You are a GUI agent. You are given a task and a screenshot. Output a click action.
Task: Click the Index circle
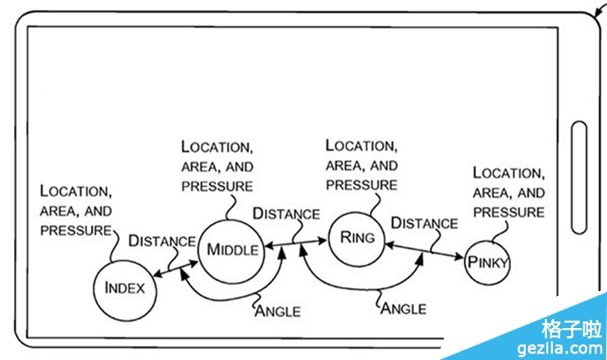coord(125,288)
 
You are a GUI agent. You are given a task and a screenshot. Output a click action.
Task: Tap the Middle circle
coord(233,249)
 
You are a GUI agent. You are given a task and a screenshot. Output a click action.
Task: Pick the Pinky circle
coord(488,263)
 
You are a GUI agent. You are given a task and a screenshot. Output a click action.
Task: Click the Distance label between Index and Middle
coord(162,241)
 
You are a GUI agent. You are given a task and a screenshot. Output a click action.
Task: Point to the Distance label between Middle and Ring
coord(285,214)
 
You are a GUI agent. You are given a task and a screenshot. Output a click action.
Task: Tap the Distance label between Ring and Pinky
coord(424,223)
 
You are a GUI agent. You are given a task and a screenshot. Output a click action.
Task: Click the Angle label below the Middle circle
coord(277,311)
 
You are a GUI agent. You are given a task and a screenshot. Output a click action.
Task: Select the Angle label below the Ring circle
coord(404,308)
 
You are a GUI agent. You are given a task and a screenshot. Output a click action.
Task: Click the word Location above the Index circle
coord(75,191)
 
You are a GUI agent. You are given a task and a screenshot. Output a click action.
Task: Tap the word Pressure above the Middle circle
coord(217,186)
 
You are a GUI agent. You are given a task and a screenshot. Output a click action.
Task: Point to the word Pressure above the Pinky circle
coord(509,212)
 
